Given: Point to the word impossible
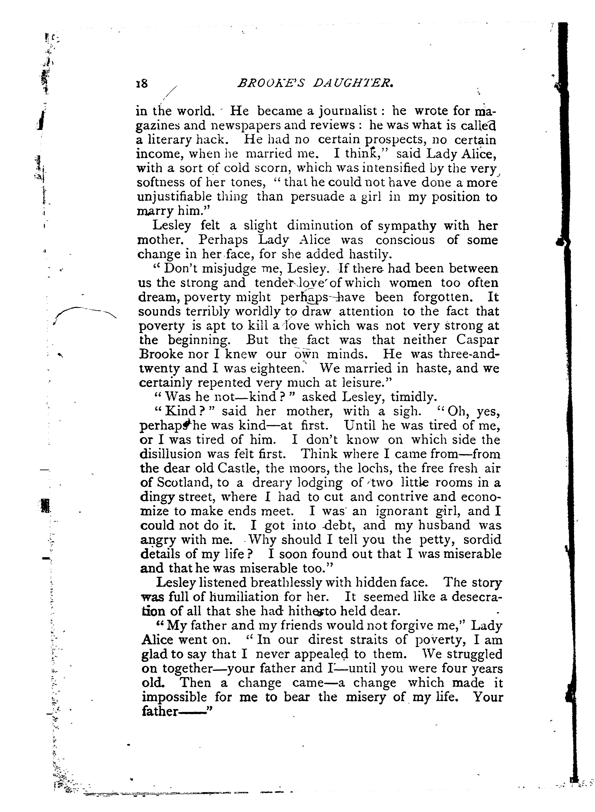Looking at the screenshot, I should (x=174, y=697).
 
